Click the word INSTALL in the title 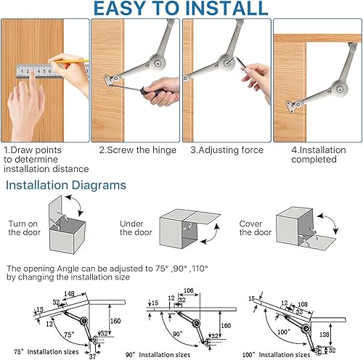point(227,8)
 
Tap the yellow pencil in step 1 point(68,61)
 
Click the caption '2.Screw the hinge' point(137,150)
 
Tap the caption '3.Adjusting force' point(227,150)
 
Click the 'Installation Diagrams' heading point(66,185)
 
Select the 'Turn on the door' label point(24,228)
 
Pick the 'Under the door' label point(136,228)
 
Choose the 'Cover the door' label point(256,228)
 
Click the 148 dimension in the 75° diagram point(69,294)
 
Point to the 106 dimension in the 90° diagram point(189,290)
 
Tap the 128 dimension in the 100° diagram point(325,335)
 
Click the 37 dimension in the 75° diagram point(92,356)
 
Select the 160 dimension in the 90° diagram point(226,325)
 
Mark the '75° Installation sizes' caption point(46,351)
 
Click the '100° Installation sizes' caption point(276,355)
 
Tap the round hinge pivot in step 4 point(340,89)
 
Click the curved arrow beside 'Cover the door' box point(329,223)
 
